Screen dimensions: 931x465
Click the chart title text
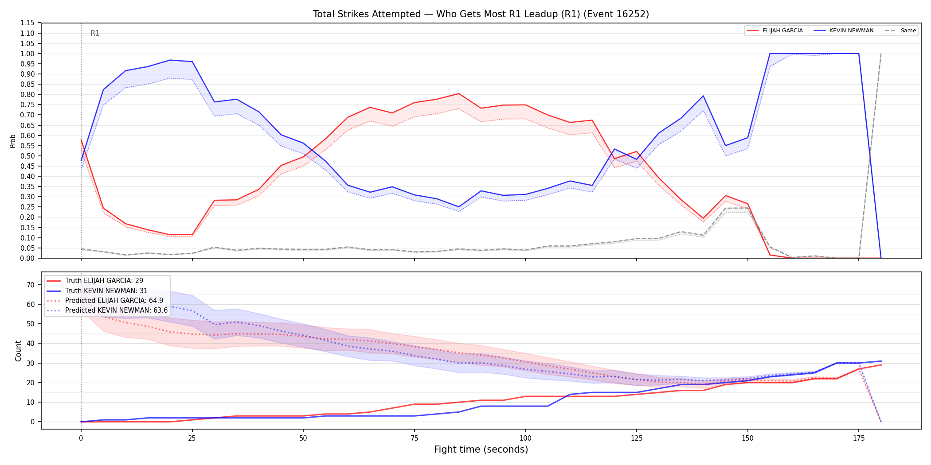click(x=481, y=14)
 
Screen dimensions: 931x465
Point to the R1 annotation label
click(x=95, y=33)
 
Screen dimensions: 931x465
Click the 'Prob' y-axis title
click(x=13, y=141)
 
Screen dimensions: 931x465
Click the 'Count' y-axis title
click(x=18, y=351)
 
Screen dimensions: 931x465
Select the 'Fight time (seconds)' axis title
click(x=481, y=449)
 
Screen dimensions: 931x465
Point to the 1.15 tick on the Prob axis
click(x=27, y=23)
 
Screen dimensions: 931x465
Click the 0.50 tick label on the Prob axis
click(x=27, y=156)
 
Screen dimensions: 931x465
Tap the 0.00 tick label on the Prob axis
click(x=27, y=258)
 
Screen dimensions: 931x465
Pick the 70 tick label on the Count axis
click(x=30, y=285)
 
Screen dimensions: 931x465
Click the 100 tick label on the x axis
click(x=525, y=438)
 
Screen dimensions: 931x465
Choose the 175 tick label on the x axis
click(x=859, y=438)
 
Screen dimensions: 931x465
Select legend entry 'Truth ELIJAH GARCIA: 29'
click(x=104, y=281)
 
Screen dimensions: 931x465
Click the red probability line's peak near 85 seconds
click(x=459, y=93)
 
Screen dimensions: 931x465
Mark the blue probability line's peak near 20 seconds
click(x=170, y=60)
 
